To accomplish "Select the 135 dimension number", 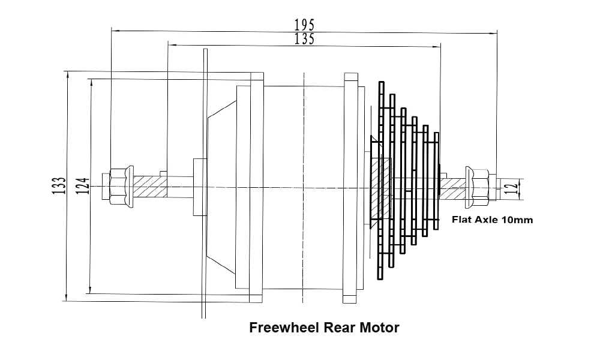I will coord(304,39).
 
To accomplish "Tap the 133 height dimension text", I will coord(58,186).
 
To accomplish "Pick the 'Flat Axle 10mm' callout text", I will coord(492,220).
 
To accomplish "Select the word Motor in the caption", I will coord(379,328).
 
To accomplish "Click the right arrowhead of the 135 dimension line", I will coord(438,45).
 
